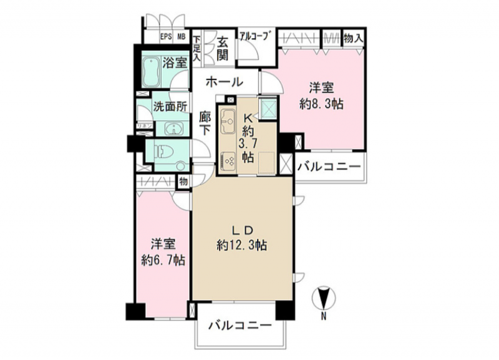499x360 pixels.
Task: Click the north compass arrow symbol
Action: pos(323,296)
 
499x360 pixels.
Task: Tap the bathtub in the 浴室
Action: pos(150,71)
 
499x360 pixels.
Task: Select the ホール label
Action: pos(223,81)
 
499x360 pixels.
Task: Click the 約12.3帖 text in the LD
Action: pos(242,245)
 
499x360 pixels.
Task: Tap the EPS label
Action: pos(166,37)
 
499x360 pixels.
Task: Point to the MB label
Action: pos(181,37)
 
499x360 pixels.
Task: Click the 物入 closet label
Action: pos(354,37)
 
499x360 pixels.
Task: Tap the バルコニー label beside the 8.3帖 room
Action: pos(328,167)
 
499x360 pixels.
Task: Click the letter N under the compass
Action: pos(323,316)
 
